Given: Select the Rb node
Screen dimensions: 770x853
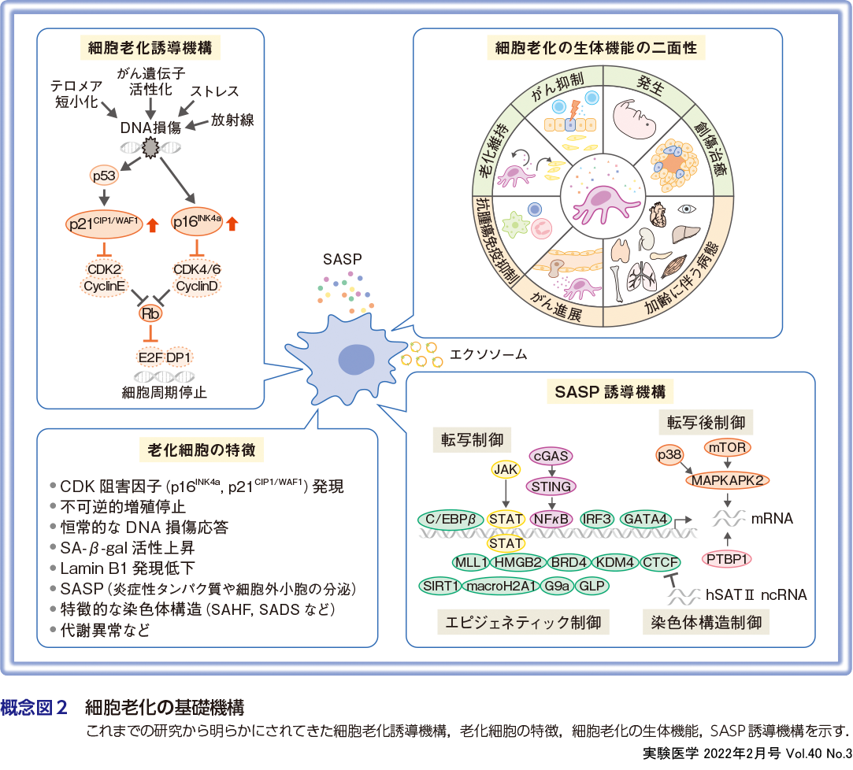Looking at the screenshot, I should pyautogui.click(x=149, y=313).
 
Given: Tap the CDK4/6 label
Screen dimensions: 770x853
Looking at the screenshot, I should pyautogui.click(x=197, y=269).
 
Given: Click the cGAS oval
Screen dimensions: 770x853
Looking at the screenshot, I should pyautogui.click(x=551, y=456).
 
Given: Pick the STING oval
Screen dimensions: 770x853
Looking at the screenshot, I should pyautogui.click(x=552, y=486).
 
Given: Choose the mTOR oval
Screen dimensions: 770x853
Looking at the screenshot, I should pyautogui.click(x=727, y=447).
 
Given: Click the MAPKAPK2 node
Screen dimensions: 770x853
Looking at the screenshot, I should pyautogui.click(x=727, y=479).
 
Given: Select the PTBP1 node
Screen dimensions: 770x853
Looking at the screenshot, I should pyautogui.click(x=726, y=559).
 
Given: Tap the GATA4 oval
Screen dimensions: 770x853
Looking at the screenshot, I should pyautogui.click(x=645, y=519).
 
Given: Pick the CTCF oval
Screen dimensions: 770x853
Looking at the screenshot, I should pyautogui.click(x=661, y=562).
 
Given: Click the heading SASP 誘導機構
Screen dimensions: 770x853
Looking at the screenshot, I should pyautogui.click(x=610, y=391).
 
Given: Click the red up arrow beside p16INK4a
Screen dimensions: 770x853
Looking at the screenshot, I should pyautogui.click(x=232, y=224).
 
